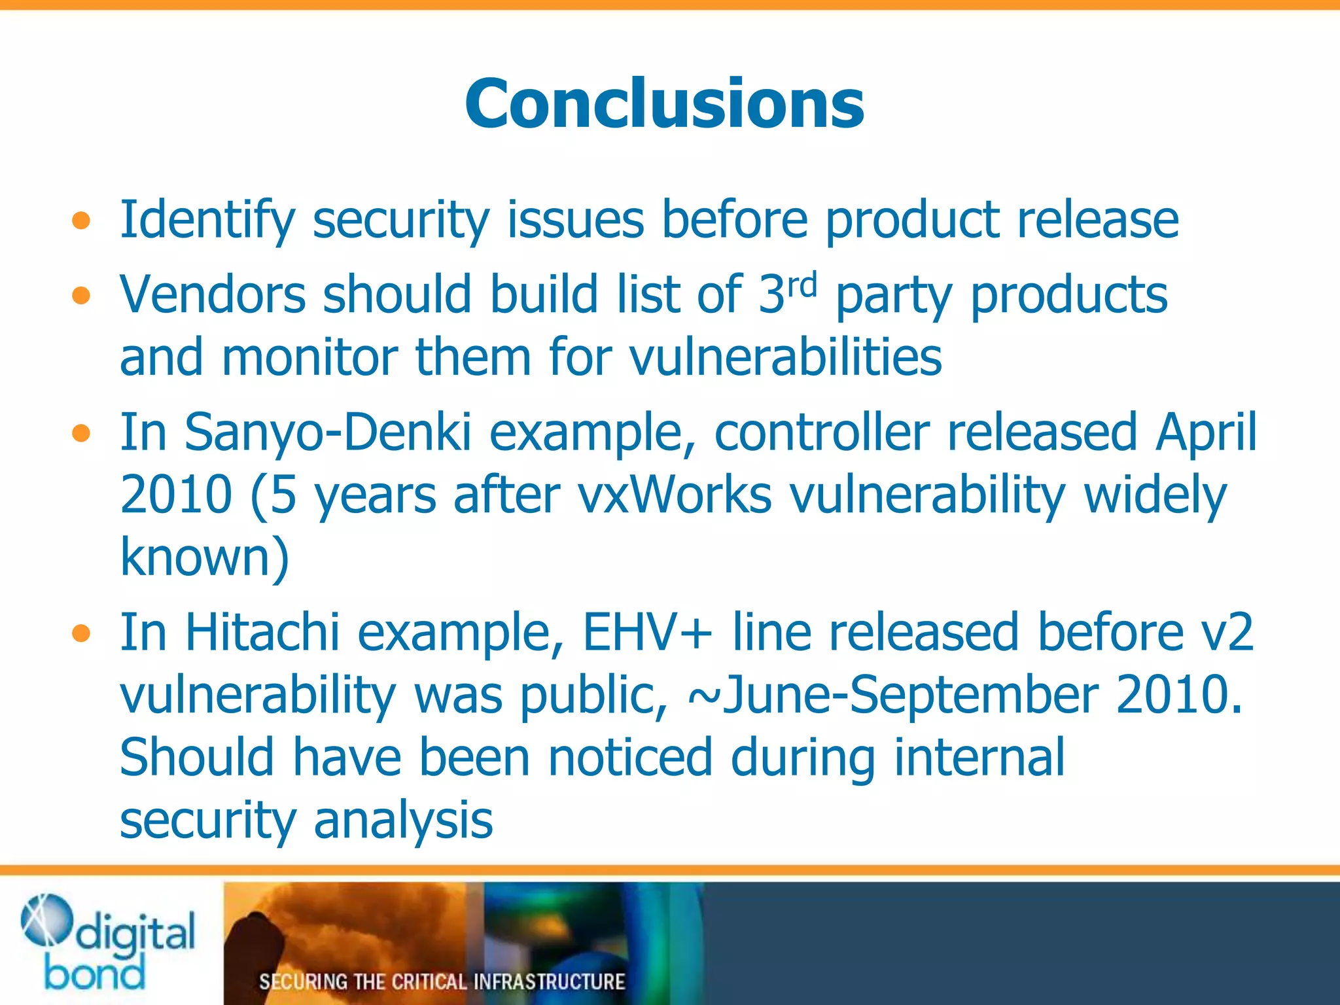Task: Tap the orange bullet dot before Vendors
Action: pyautogui.click(x=80, y=296)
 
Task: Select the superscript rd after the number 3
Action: pyautogui.click(x=802, y=285)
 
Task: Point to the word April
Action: pyautogui.click(x=1205, y=433)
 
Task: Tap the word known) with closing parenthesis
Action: pyautogui.click(x=204, y=557)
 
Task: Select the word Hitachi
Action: pyautogui.click(x=262, y=633)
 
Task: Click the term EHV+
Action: pyautogui.click(x=646, y=633)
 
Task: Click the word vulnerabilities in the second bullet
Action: pyautogui.click(x=785, y=358)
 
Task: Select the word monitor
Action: pyautogui.click(x=309, y=358)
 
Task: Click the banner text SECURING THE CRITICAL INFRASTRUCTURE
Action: pyautogui.click(x=442, y=981)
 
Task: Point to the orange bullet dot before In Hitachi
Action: pyautogui.click(x=80, y=633)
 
